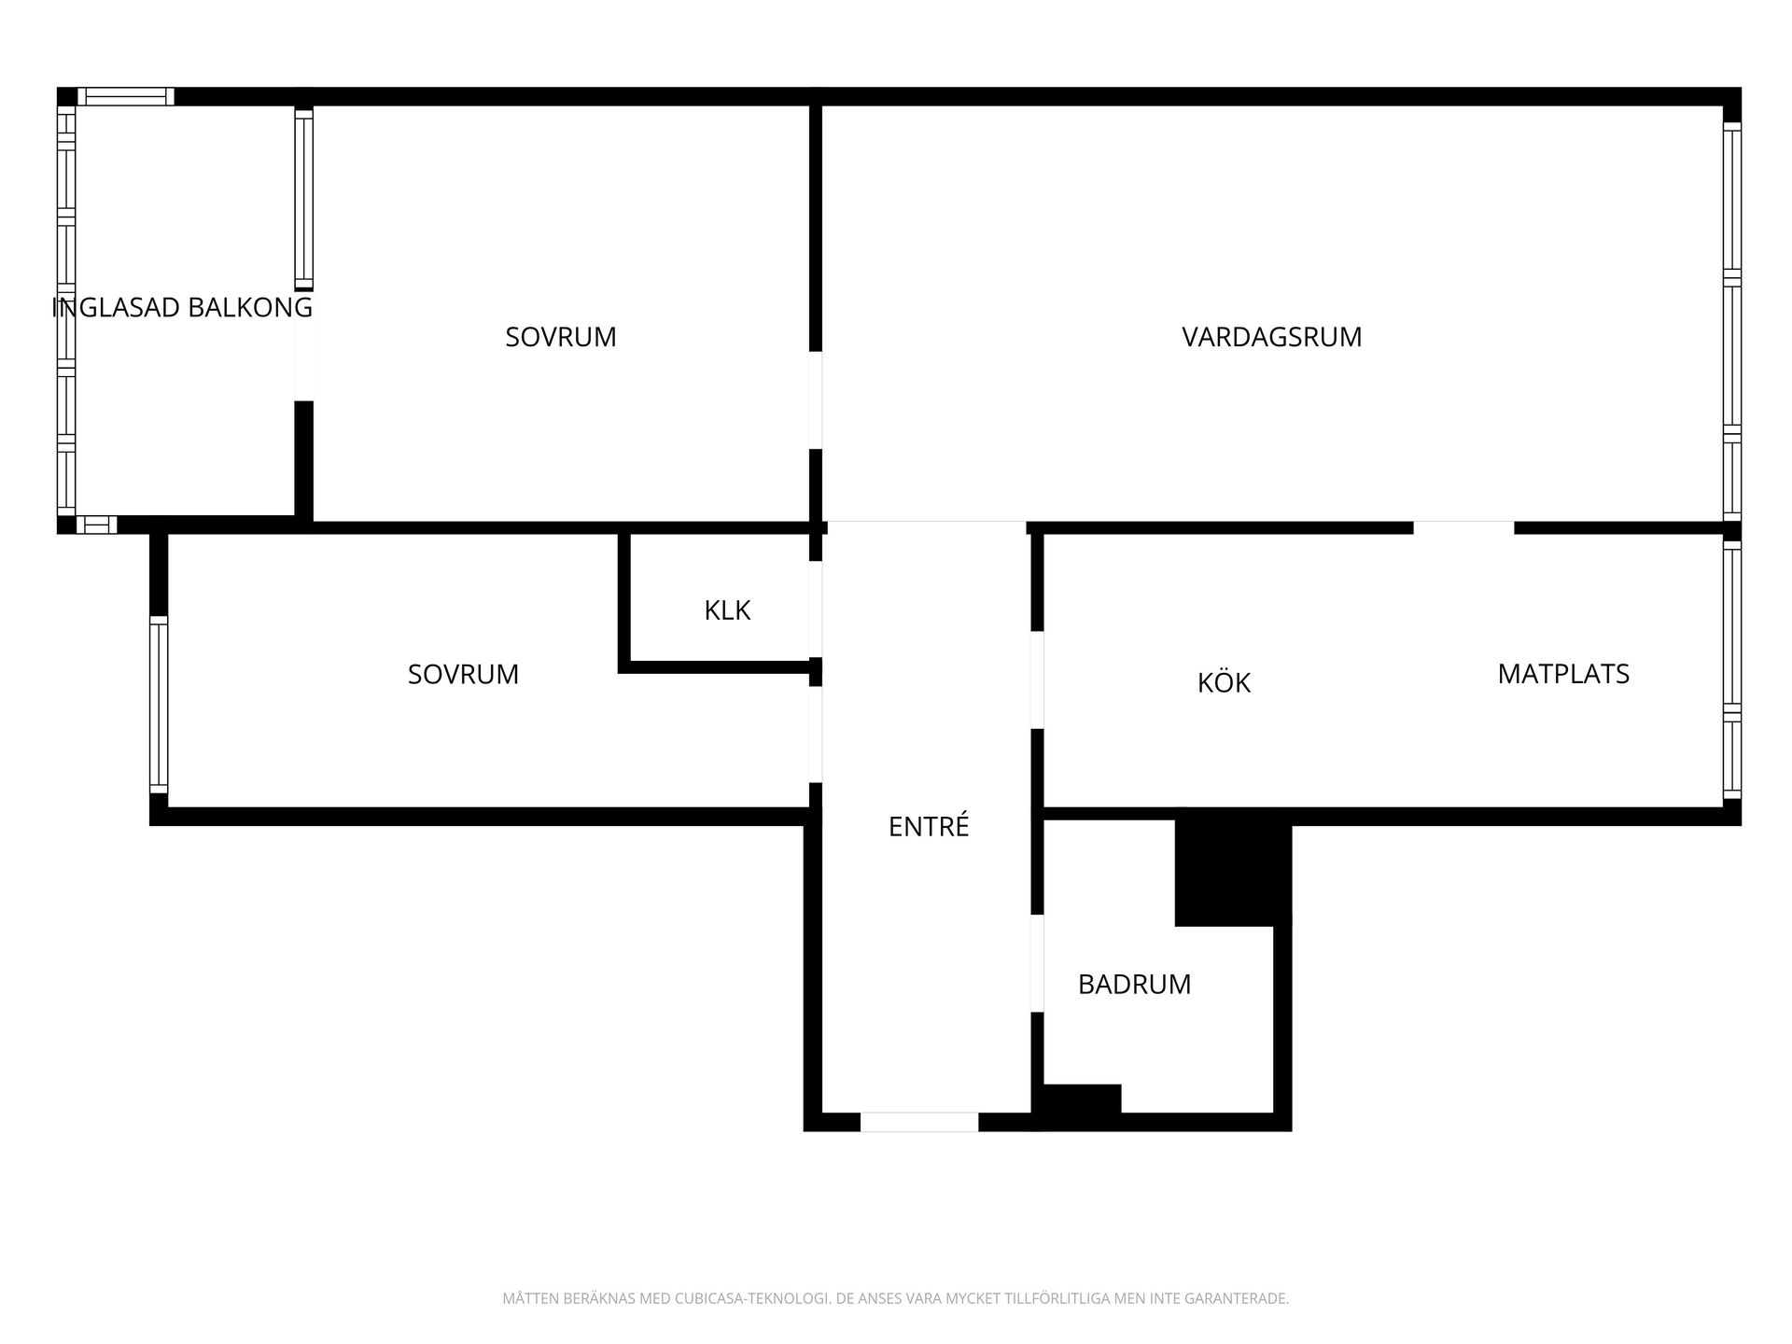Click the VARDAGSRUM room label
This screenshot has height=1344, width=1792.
pos(1271,337)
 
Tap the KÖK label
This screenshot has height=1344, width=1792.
pos(1224,682)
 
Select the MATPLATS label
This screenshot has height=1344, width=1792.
pos(1563,674)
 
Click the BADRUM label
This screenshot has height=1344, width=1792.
pos(1134,985)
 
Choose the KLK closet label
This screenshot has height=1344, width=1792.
pos(727,610)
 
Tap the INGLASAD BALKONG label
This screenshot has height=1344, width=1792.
pos(182,307)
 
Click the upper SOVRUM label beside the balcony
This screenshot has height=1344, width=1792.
pos(561,337)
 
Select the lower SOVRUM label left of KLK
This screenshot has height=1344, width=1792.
pos(463,674)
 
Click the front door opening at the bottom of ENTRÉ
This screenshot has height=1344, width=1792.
pos(919,1122)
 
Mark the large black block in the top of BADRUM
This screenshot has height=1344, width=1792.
pos(1233,867)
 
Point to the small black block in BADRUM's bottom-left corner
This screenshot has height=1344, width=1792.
pos(1082,1099)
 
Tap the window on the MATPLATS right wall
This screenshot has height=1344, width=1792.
pos(1732,671)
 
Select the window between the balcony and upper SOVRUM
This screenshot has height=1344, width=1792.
pos(304,200)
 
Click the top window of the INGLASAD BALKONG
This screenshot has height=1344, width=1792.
pos(125,96)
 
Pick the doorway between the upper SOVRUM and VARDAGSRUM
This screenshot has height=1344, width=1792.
pos(816,400)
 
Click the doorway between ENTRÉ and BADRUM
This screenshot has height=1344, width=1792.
pos(1037,963)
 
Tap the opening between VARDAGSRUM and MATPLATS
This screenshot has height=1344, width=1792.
pos(1463,527)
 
